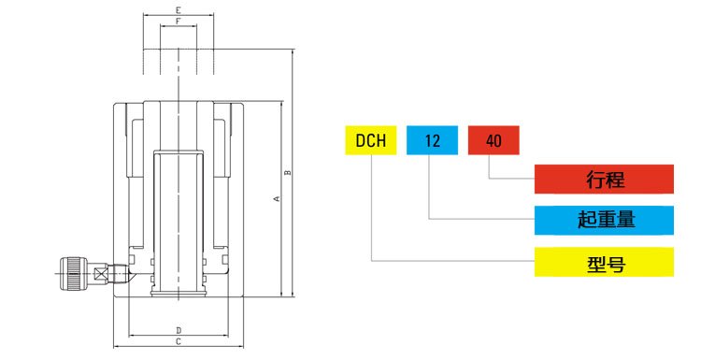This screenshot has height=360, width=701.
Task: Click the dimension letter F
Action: pyautogui.click(x=178, y=21)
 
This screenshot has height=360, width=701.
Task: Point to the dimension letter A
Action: pyautogui.click(x=276, y=199)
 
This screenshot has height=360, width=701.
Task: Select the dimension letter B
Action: pyautogui.click(x=289, y=171)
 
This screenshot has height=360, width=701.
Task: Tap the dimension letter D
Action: pyautogui.click(x=178, y=330)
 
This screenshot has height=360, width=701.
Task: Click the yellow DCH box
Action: pyautogui.click(x=371, y=141)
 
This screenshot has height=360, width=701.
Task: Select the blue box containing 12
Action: pyautogui.click(x=432, y=141)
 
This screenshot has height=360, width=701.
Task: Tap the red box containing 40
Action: pyautogui.click(x=494, y=141)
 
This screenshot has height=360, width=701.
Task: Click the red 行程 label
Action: pyautogui.click(x=604, y=178)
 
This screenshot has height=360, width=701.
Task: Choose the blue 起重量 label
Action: pyautogui.click(x=604, y=220)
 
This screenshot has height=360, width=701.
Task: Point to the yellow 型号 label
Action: pyautogui.click(x=604, y=263)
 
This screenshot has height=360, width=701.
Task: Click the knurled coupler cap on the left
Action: pyautogui.click(x=72, y=274)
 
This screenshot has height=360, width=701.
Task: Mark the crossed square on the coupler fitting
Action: pyautogui.click(x=98, y=275)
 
